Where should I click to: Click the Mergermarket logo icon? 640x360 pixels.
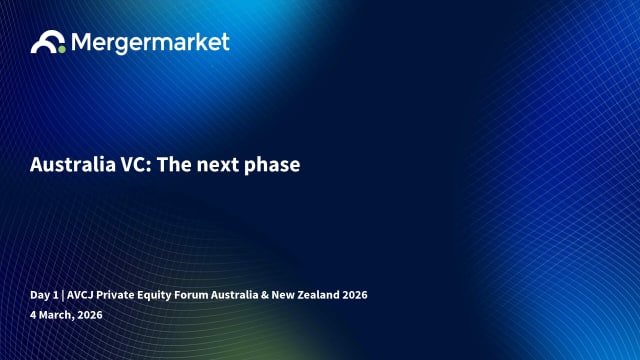48,42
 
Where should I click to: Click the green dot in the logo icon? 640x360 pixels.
61,46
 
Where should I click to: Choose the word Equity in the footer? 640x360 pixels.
165,295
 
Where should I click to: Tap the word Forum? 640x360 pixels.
205,295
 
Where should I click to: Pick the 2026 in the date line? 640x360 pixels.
89,315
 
